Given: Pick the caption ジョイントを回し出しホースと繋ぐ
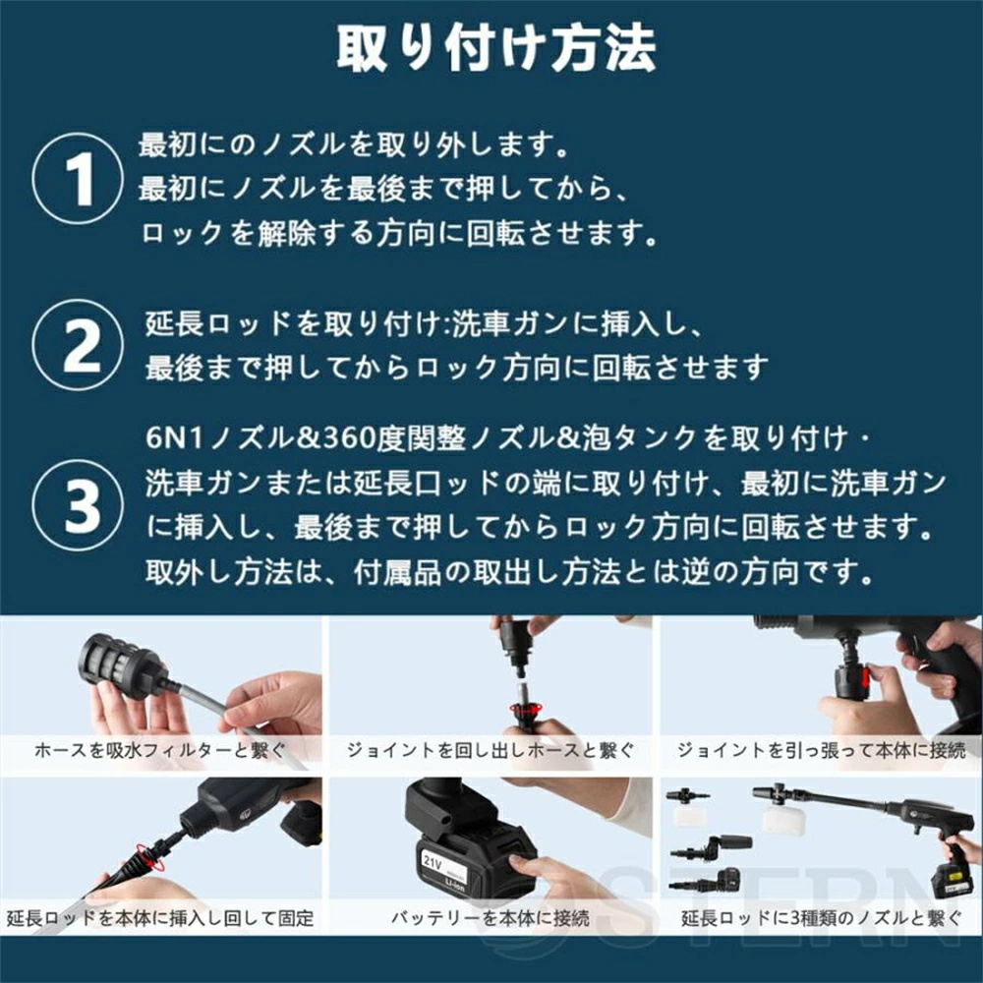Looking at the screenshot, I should [491, 750].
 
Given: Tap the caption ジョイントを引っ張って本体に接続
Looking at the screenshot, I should [821, 750].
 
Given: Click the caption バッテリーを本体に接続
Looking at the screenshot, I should [491, 919].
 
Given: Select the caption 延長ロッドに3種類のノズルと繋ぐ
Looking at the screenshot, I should [821, 919].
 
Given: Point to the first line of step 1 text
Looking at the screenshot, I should [354, 146].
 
